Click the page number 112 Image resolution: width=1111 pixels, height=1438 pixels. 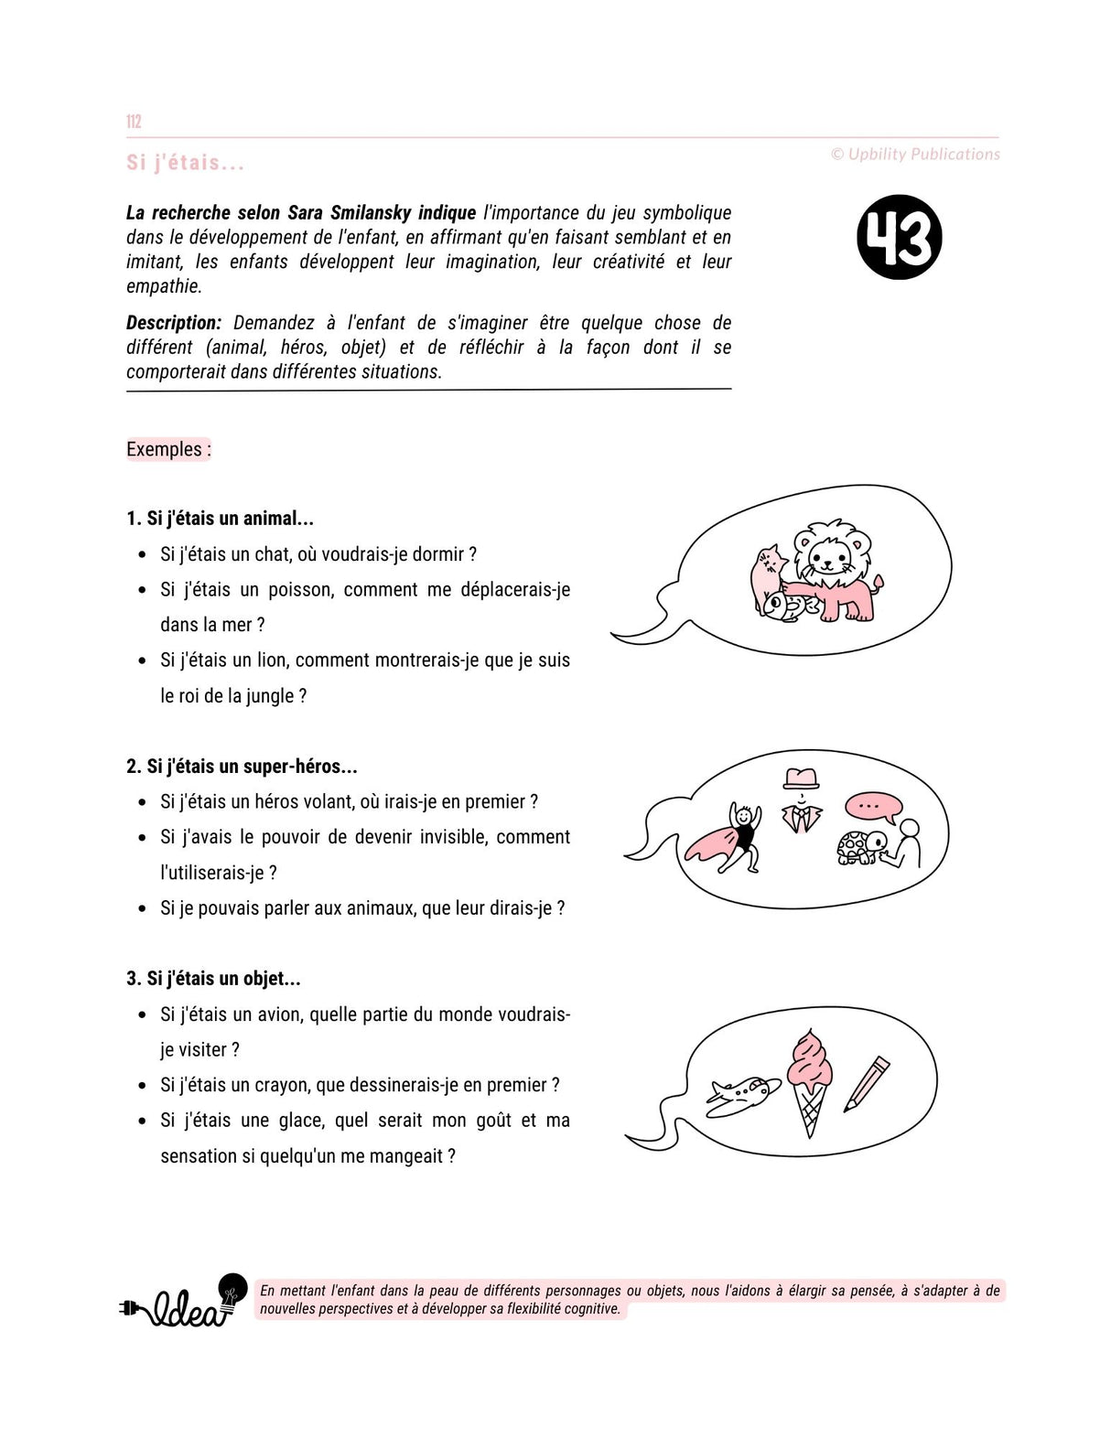[134, 122]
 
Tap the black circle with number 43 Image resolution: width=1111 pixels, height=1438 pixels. [899, 237]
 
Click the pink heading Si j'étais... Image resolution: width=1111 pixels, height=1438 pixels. [186, 163]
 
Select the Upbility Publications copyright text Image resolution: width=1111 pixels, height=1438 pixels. [915, 155]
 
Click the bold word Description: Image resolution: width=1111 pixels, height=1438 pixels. [174, 323]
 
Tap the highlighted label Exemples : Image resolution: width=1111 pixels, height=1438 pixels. [168, 449]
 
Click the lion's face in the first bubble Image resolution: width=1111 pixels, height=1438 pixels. [831, 553]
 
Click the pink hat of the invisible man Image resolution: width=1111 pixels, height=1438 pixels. [801, 778]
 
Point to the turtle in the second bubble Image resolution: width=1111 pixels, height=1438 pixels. [860, 847]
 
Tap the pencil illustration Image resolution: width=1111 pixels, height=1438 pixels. [866, 1083]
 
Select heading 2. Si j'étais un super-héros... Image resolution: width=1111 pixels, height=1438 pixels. [242, 767]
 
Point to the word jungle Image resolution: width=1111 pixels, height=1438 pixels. [270, 696]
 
